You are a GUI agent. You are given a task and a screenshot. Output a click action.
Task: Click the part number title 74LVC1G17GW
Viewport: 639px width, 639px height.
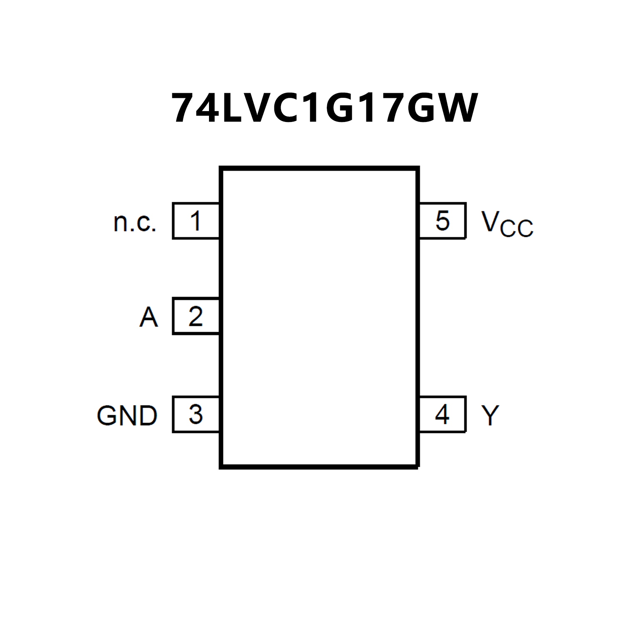(x=325, y=108)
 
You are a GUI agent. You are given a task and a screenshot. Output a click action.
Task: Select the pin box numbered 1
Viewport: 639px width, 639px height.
(x=196, y=221)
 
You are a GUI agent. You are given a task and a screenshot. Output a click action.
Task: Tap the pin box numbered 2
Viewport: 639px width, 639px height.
(x=196, y=316)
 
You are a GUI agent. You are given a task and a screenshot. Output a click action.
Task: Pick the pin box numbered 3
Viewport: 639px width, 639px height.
(x=196, y=415)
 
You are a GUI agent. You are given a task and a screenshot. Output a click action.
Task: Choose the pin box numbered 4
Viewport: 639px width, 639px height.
(x=442, y=415)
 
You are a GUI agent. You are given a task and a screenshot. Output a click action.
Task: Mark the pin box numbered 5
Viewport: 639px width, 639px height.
(x=442, y=221)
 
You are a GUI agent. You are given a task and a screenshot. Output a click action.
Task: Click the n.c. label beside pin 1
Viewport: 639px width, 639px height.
(x=135, y=222)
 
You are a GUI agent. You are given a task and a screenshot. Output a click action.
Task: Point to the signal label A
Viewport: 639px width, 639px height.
(x=149, y=317)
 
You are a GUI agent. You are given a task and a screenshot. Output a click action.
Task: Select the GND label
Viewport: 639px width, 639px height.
(x=127, y=415)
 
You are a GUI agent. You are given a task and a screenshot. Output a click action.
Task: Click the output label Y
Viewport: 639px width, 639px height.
(x=490, y=415)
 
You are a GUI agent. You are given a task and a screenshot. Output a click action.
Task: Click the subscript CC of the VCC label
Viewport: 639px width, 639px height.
(x=517, y=228)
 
